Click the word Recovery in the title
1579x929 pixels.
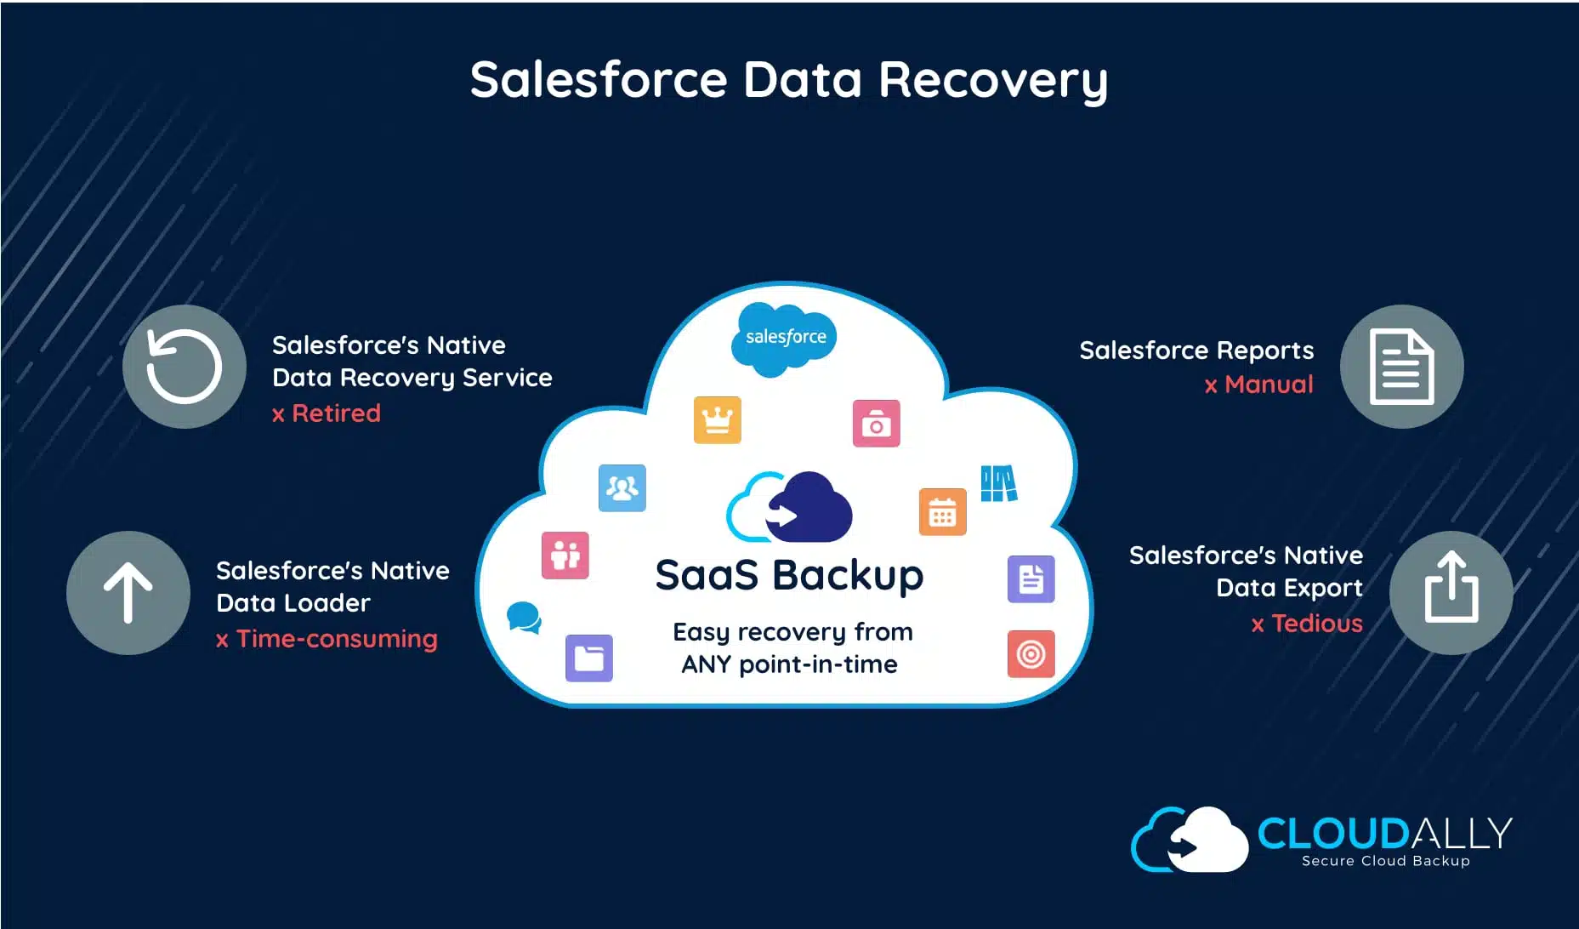tap(992, 80)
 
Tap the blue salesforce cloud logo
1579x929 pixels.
tap(785, 338)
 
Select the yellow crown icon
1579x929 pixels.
tap(717, 419)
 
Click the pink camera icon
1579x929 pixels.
tap(876, 424)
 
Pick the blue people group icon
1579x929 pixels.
tap(622, 488)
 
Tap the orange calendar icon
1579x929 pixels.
tap(942, 512)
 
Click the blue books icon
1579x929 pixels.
tap(998, 483)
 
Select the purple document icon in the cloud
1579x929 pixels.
tap(1031, 579)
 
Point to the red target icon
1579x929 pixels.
tap(1031, 654)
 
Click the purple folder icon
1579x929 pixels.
tap(588, 658)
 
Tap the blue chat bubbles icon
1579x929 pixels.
tap(524, 617)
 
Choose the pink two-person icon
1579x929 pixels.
tap(565, 556)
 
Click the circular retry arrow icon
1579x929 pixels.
tap(185, 367)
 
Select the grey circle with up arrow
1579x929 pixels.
tap(128, 593)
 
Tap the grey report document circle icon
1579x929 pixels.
tap(1401, 367)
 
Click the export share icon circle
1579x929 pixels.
tap(1451, 593)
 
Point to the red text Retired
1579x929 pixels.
tap(336, 413)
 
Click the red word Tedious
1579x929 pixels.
tap(1317, 624)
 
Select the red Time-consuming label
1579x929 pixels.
tap(337, 639)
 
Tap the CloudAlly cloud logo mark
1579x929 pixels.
tap(1190, 840)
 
